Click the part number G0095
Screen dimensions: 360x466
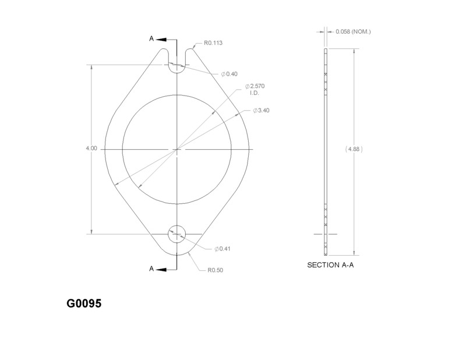click(x=84, y=304)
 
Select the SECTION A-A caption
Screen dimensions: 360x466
click(x=330, y=265)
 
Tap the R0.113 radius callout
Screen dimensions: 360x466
click(x=213, y=43)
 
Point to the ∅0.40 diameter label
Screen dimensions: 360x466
click(x=229, y=74)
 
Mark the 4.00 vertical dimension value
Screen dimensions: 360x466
click(x=91, y=149)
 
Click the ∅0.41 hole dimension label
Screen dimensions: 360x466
click(x=223, y=249)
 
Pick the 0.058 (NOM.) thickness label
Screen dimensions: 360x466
click(x=353, y=31)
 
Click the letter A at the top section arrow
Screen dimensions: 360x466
click(x=151, y=39)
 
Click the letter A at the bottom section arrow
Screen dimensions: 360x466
click(x=151, y=269)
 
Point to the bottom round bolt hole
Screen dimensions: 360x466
click(x=176, y=234)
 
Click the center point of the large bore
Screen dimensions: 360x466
click(x=176, y=150)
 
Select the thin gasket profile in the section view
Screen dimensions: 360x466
click(x=326, y=151)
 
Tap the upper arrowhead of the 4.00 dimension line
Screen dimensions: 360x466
click(x=91, y=68)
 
